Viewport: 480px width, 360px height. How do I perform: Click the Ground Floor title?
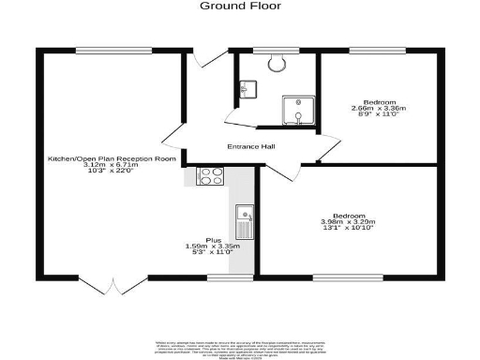pyautogui.click(x=239, y=6)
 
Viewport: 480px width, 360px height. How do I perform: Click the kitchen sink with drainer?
pyautogui.click(x=245, y=222)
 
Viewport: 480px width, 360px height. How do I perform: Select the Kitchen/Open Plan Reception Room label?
pyautogui.click(x=112, y=159)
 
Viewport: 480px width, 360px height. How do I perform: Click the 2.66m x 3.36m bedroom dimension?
pyautogui.click(x=380, y=108)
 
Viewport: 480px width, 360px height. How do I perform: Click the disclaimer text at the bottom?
pyautogui.click(x=239, y=348)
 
